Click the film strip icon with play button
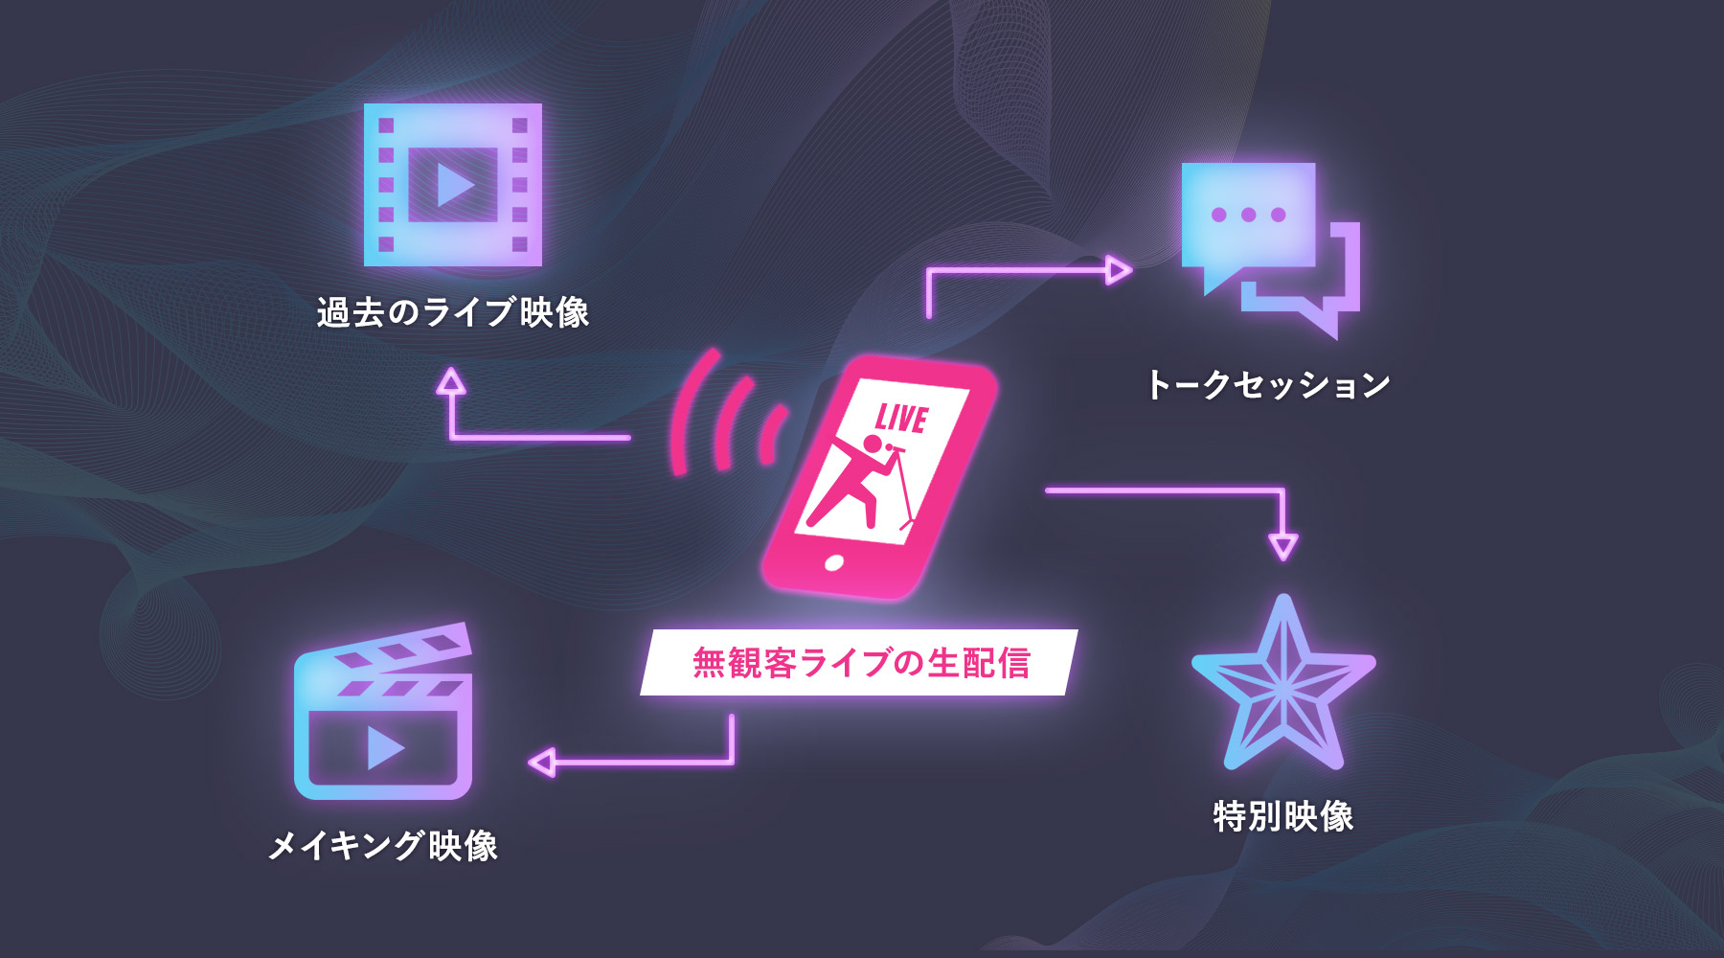click(x=452, y=184)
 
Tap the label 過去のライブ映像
click(x=452, y=312)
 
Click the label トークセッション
click(x=1267, y=385)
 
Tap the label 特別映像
click(x=1282, y=816)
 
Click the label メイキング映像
click(x=383, y=846)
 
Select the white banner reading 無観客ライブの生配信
click(x=859, y=662)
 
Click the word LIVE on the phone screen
click(x=901, y=419)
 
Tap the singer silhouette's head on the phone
click(x=873, y=444)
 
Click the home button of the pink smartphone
click(x=834, y=563)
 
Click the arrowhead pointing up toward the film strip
click(x=450, y=382)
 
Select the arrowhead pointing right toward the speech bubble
click(x=1118, y=270)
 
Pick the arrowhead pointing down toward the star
click(x=1282, y=547)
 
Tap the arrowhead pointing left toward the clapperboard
click(x=542, y=763)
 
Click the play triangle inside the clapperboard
click(x=385, y=748)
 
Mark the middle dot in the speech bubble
click(x=1248, y=215)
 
